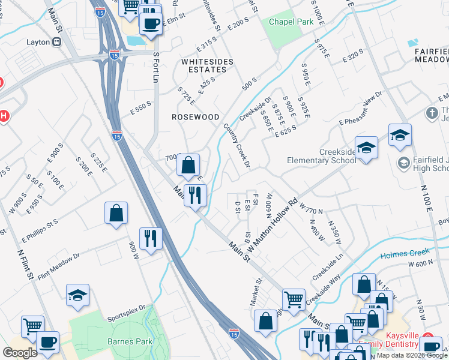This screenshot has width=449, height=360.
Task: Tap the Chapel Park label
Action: [x=291, y=21]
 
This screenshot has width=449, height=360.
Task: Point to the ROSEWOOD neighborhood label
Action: [x=195, y=117]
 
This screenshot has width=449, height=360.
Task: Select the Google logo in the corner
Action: [x=20, y=352]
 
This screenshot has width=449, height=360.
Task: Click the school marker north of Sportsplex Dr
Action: [x=77, y=295]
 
